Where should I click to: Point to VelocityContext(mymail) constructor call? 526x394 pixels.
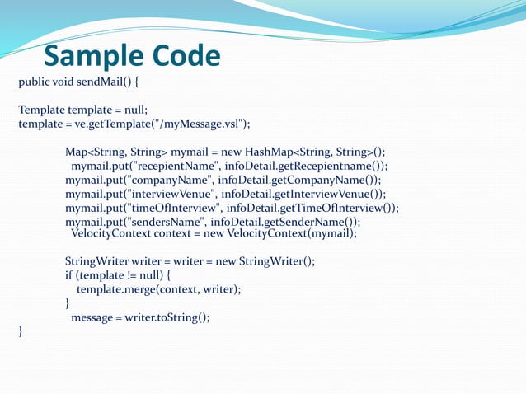[x=304, y=233]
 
